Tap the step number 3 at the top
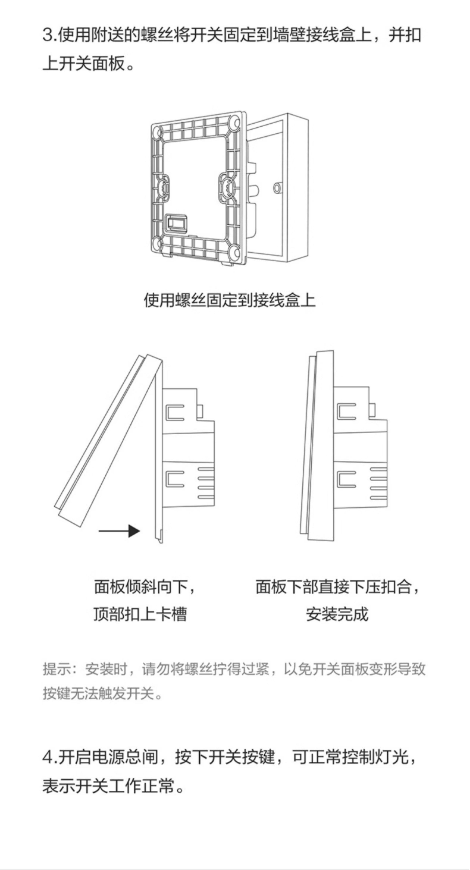click(x=48, y=35)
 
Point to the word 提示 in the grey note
click(x=56, y=669)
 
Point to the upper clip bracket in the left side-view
click(x=175, y=412)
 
